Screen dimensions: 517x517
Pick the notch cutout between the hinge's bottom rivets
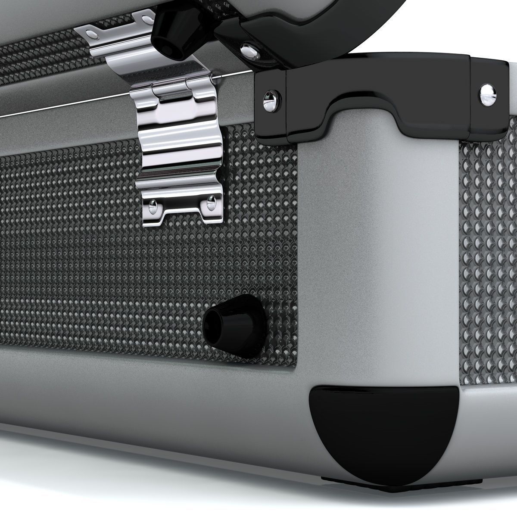182,209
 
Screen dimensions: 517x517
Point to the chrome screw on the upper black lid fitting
249,51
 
